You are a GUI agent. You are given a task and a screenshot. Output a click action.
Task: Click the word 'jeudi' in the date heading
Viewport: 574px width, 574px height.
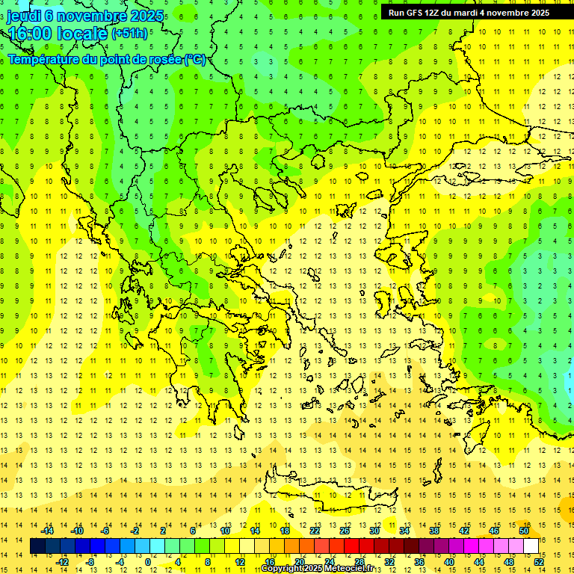click(24, 16)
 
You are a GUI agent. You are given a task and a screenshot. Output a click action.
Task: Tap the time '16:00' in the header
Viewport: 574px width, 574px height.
click(30, 34)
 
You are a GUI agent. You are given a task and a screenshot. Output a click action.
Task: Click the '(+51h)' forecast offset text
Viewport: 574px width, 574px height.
click(129, 34)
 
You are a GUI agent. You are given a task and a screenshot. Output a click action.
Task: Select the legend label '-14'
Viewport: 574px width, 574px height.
click(47, 531)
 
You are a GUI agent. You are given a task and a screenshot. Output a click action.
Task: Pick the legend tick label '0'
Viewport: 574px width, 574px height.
click(148, 561)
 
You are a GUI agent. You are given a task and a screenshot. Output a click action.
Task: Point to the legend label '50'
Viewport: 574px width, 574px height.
click(523, 531)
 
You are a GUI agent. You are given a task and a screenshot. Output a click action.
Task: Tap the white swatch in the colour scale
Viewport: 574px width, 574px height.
click(531, 546)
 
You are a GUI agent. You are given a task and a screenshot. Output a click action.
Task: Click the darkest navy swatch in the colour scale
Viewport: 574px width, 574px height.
click(37, 546)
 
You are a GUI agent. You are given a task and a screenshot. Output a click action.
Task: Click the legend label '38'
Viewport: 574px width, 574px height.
click(433, 531)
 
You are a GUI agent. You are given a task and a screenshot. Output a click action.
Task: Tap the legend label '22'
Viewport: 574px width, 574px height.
click(315, 531)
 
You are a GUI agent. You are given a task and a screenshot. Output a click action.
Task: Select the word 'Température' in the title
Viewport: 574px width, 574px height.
click(46, 59)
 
